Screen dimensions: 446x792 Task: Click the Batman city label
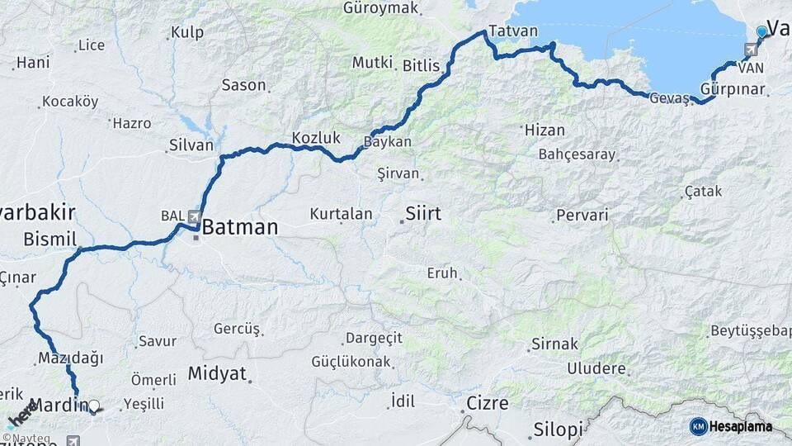[239, 226]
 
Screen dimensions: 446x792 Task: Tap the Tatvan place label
[512, 31]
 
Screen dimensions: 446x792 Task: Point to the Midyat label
[217, 373]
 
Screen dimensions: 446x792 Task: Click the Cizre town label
[488, 403]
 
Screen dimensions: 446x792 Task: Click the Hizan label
[544, 130]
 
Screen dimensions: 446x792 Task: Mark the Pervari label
[582, 216]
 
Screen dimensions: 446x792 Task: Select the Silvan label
[191, 145]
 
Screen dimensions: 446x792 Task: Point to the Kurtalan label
[341, 214]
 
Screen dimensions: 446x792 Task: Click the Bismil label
[49, 239]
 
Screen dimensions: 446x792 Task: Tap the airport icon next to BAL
[195, 216]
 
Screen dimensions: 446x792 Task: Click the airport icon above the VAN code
[749, 50]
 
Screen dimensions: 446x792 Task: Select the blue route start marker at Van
[761, 31]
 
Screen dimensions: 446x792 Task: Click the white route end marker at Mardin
[93, 406]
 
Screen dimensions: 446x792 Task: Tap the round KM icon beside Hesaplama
[698, 426]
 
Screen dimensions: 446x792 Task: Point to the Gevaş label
[668, 97]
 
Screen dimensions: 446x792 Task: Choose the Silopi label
[558, 429]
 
